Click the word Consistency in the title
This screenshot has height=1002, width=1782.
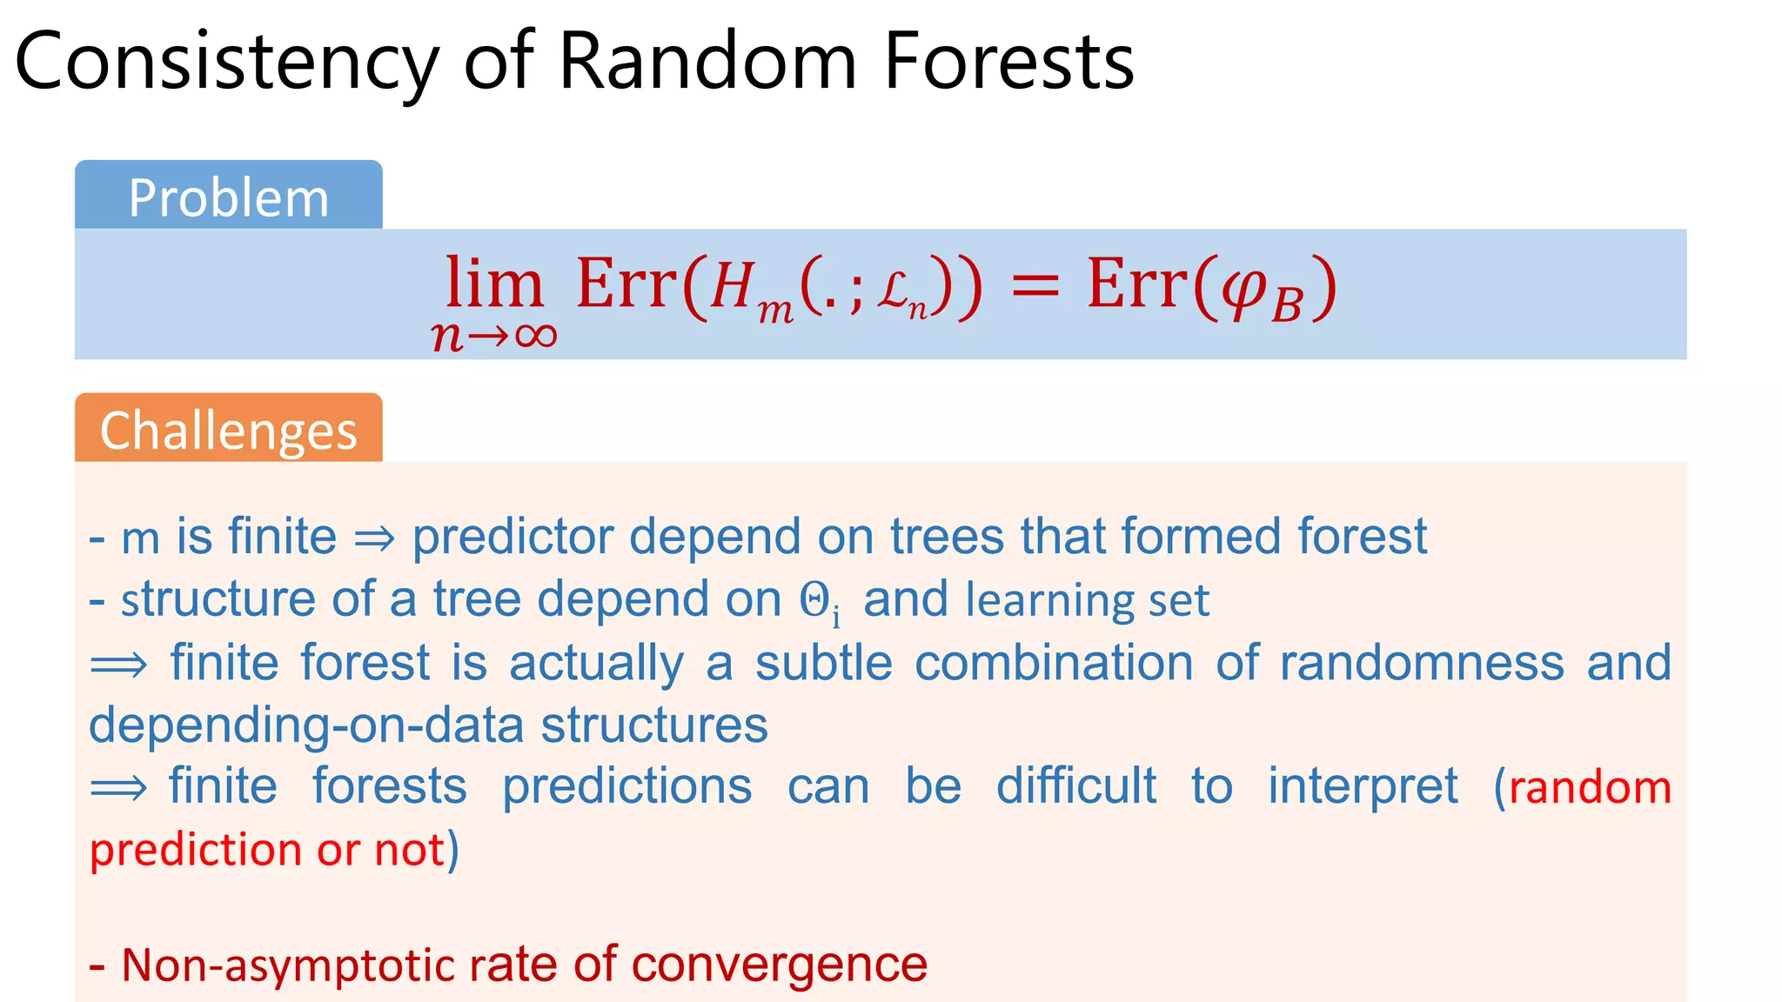[x=226, y=63]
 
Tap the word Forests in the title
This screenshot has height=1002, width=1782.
[x=1008, y=63]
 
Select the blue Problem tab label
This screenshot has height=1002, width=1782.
[x=228, y=197]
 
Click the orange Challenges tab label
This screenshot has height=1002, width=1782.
[x=228, y=431]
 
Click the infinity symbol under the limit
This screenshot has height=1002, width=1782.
[x=535, y=336]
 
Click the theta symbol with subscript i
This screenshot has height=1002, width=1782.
[x=819, y=602]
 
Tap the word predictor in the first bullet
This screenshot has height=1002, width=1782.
[x=512, y=537]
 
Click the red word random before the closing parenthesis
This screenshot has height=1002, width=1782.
[x=1590, y=788]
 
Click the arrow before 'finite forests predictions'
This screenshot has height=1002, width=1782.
[x=119, y=788]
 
